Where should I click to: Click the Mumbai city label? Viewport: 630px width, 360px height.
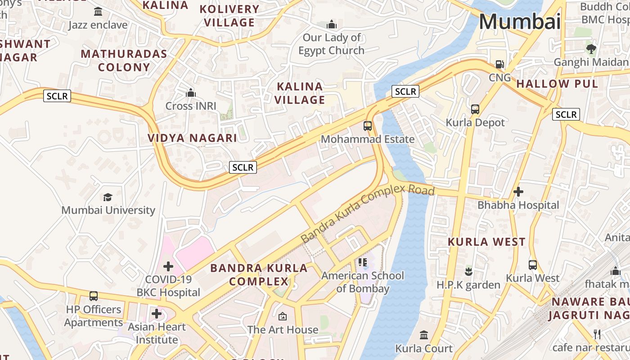(x=520, y=22)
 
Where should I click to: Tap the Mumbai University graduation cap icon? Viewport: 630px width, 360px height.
(x=108, y=197)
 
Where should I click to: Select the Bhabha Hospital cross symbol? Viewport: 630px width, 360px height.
(x=518, y=192)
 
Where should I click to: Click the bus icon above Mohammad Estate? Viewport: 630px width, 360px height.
(x=368, y=126)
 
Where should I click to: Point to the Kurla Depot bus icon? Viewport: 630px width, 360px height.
(x=475, y=109)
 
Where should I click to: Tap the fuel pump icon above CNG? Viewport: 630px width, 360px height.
(x=500, y=64)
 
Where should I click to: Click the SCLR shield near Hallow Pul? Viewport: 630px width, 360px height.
(x=566, y=114)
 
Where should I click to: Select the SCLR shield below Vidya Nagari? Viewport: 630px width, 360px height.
(x=243, y=167)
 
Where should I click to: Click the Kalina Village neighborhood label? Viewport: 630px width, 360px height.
(x=300, y=93)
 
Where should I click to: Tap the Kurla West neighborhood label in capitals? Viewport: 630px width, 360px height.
(x=486, y=242)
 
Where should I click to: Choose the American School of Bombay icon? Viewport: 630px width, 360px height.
(x=363, y=262)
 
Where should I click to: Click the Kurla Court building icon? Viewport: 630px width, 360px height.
(x=424, y=335)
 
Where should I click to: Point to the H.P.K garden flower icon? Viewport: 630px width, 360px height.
(x=468, y=271)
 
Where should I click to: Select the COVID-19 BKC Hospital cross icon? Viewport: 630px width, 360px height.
(x=168, y=266)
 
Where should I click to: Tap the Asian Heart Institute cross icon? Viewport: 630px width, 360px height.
(x=157, y=313)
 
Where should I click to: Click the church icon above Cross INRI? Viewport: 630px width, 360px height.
(x=191, y=93)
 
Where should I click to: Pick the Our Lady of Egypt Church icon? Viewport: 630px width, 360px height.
(x=332, y=24)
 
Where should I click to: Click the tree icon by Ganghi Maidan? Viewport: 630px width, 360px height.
(x=591, y=49)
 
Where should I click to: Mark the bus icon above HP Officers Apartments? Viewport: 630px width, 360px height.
(x=94, y=296)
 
